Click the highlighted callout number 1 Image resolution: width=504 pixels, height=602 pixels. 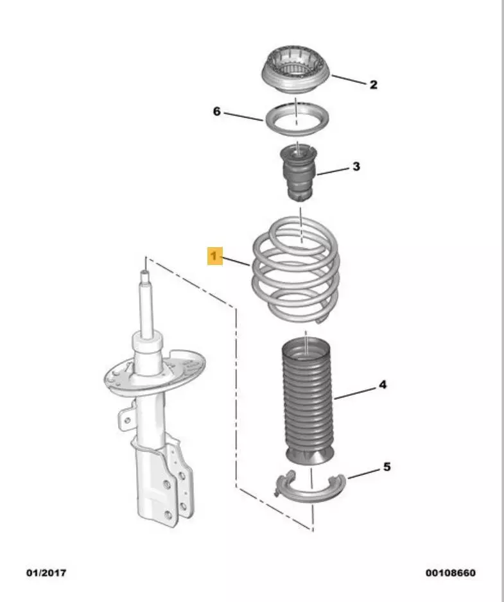tap(214, 256)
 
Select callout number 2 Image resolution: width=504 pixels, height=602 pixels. tap(374, 85)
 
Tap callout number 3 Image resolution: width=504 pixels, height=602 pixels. tap(356, 167)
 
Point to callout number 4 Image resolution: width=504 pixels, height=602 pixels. tap(383, 384)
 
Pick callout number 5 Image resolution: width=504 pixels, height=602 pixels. tap(387, 467)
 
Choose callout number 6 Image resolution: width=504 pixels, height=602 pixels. tap(217, 112)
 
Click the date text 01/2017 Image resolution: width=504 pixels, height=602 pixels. tap(46, 573)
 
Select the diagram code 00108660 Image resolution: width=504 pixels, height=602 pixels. tap(450, 573)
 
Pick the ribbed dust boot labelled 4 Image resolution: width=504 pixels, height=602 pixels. tap(306, 401)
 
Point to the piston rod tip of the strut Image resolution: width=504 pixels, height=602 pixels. tap(145, 274)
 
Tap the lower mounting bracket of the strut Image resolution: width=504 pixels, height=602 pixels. tap(169, 484)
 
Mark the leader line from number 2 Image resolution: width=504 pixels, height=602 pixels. tap(349, 80)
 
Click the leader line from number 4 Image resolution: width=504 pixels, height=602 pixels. tap(355, 394)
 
